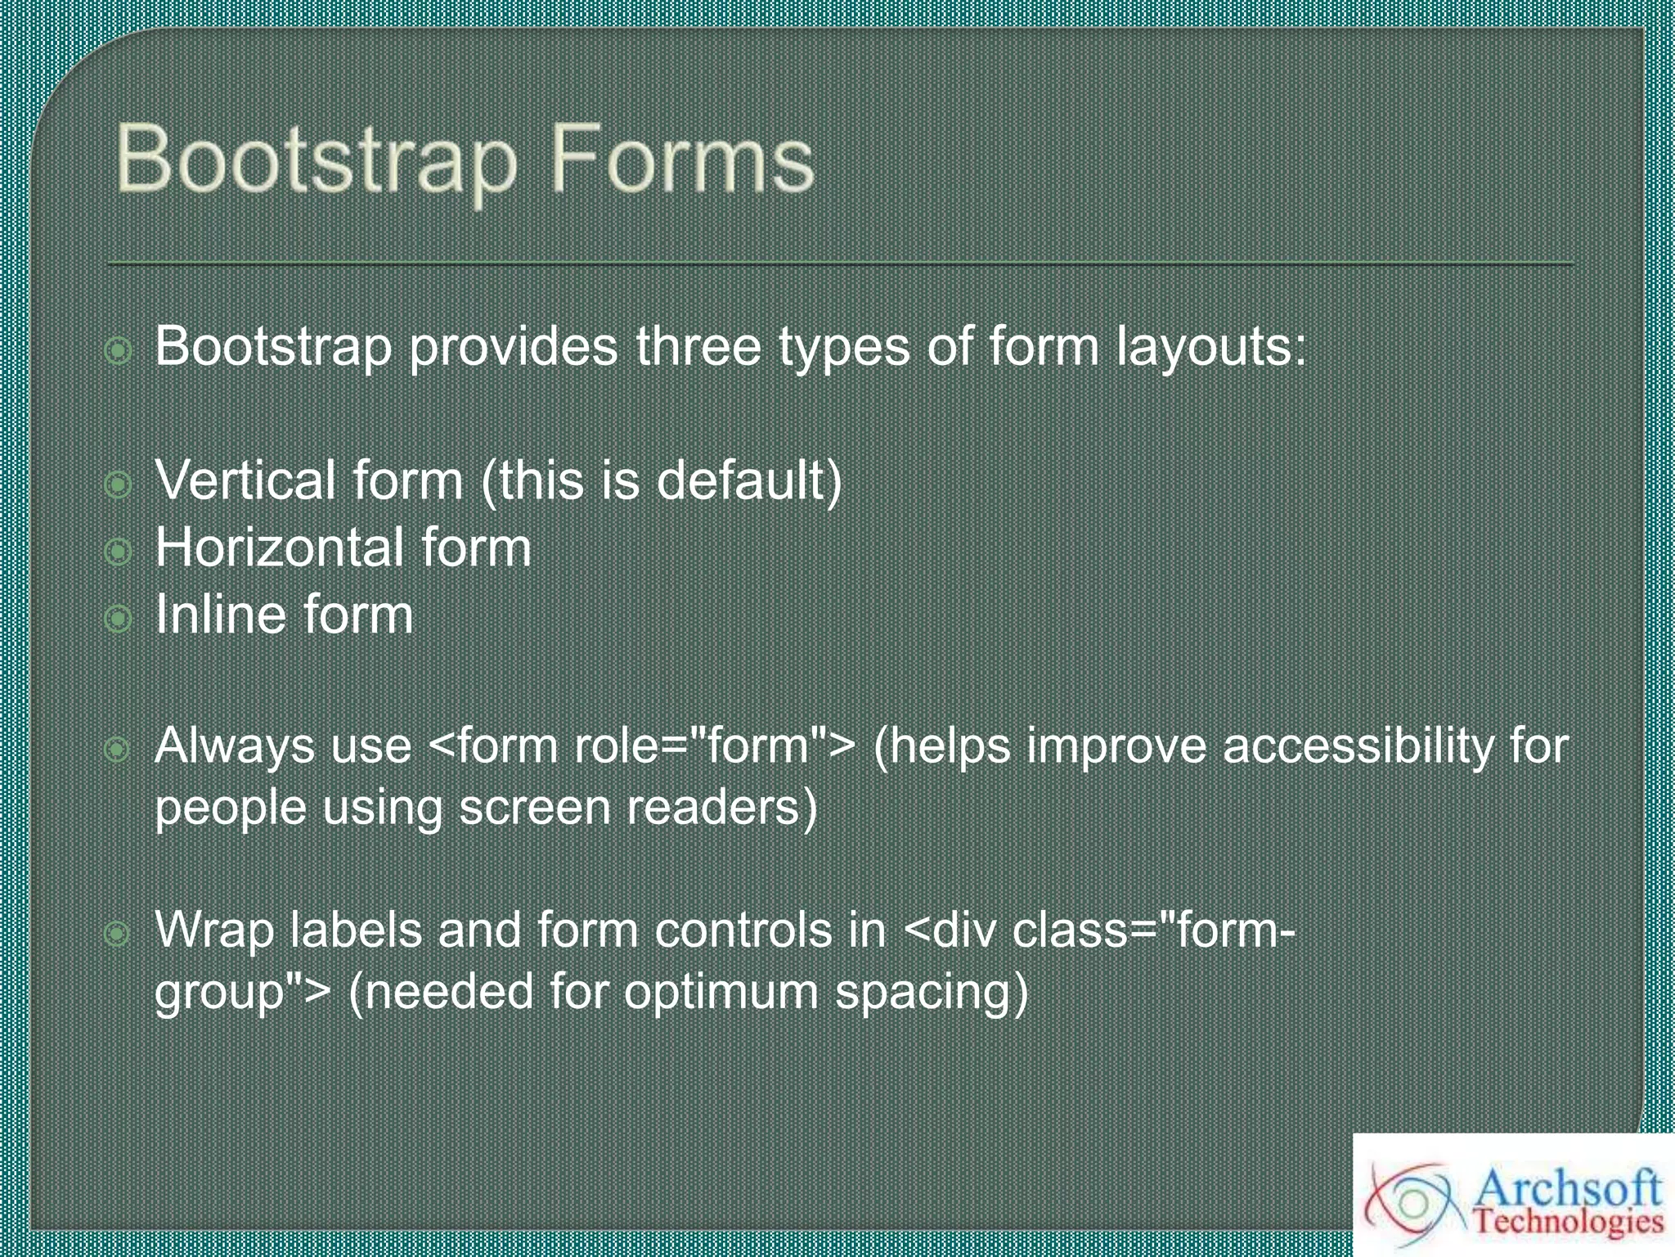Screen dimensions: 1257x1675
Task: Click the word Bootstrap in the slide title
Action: [317, 162]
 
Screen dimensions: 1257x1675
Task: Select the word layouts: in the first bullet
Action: [1212, 348]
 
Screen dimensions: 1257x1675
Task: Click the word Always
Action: [235, 747]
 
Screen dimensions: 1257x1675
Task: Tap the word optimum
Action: [721, 993]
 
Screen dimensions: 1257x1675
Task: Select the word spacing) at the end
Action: [931, 993]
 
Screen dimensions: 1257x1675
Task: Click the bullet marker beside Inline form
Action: [119, 619]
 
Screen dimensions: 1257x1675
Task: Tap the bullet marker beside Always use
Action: [119, 749]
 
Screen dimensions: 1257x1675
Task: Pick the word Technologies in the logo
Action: [1568, 1223]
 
